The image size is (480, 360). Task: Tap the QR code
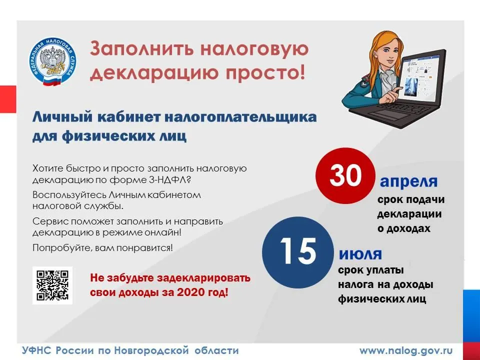(52, 285)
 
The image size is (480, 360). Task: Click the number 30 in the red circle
(345, 175)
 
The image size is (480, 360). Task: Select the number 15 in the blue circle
(298, 251)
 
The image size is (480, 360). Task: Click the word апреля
(408, 182)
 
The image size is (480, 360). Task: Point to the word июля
(360, 254)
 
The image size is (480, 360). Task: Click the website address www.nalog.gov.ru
(406, 350)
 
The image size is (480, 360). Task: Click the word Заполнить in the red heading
(141, 49)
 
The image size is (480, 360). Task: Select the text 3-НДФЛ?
(170, 179)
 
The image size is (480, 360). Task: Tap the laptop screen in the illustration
(420, 78)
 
